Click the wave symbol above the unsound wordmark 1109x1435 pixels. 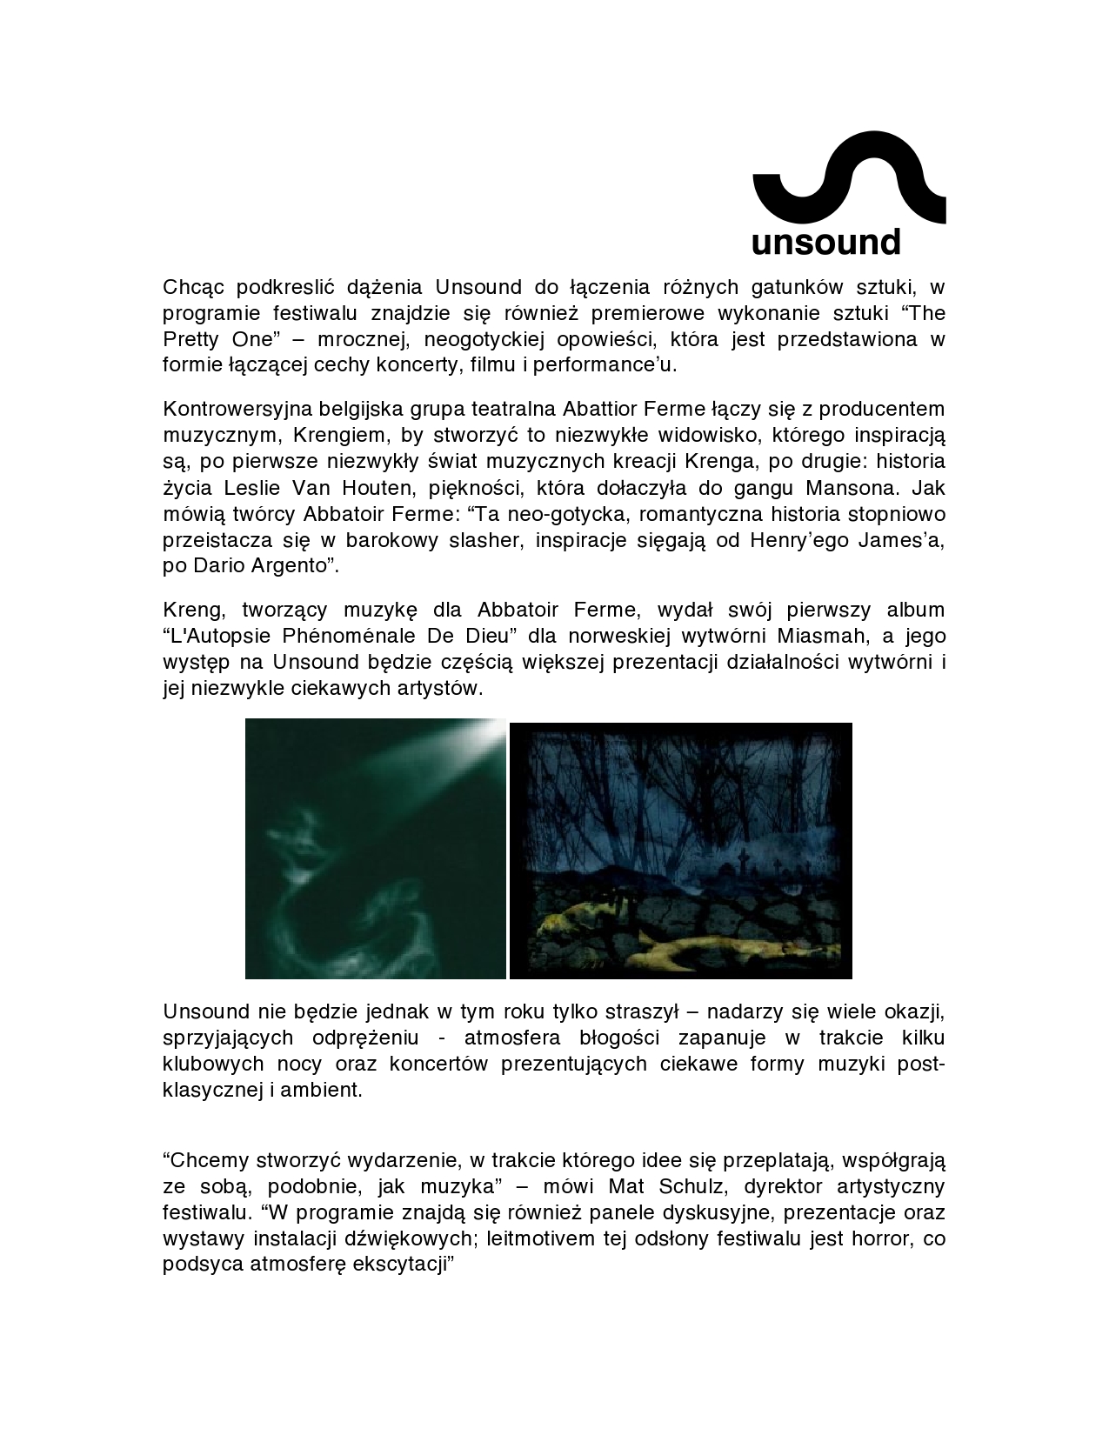click(x=848, y=178)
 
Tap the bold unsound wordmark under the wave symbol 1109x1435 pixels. click(x=825, y=242)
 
